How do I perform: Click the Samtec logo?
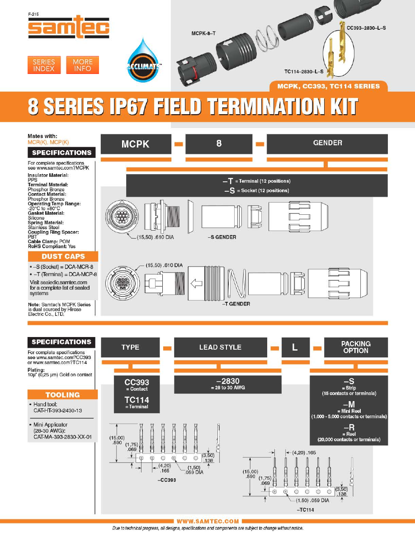(69, 27)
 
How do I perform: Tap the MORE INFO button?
(83, 65)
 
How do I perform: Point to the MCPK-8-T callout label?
(203, 33)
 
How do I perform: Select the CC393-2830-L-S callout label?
(366, 28)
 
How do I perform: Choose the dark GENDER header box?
(327, 143)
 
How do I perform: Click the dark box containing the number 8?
(219, 143)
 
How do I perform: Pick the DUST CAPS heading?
(63, 256)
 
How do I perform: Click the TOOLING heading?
(63, 395)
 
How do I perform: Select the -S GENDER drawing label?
(222, 237)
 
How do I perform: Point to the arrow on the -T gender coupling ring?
(196, 283)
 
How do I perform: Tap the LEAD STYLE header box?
(221, 347)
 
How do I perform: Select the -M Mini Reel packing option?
(349, 410)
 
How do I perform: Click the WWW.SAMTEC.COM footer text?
(208, 521)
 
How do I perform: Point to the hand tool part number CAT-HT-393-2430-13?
(58, 411)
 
